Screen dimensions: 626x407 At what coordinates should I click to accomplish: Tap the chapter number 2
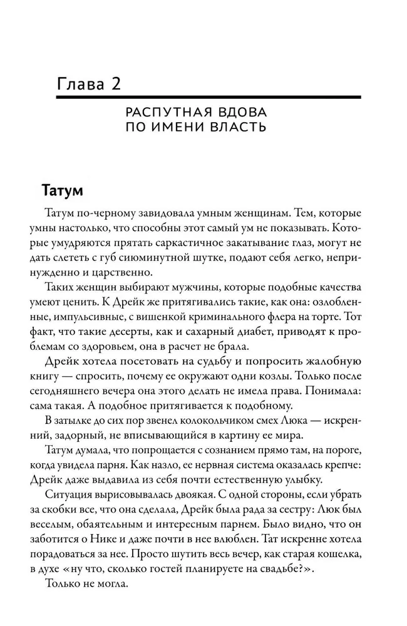pyautogui.click(x=116, y=83)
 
